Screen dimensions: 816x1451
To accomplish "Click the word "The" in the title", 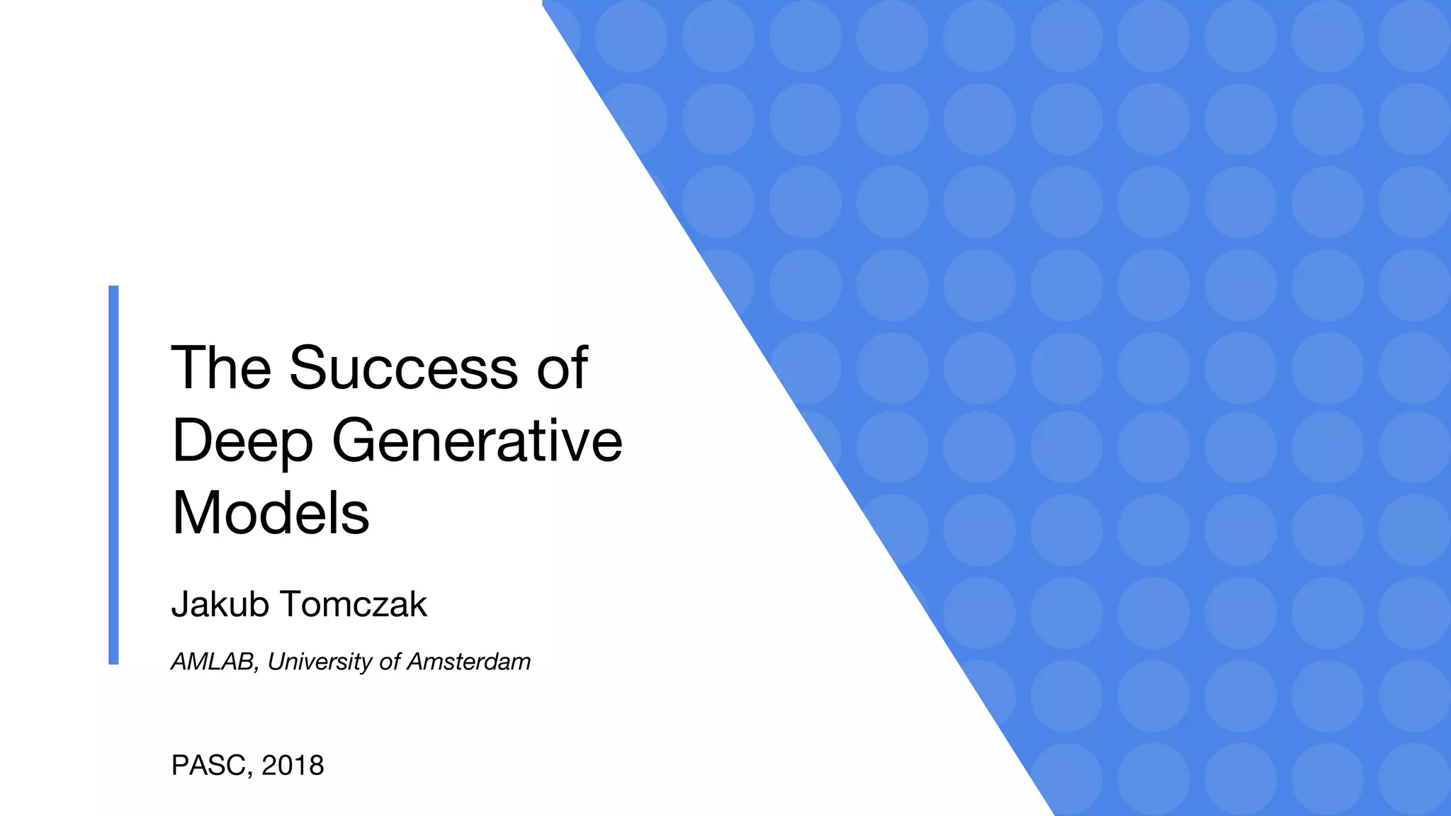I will pyautogui.click(x=221, y=368).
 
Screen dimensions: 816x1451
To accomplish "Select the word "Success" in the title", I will pyautogui.click(x=403, y=368).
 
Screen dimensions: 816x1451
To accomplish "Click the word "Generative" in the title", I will pyautogui.click(x=477, y=441).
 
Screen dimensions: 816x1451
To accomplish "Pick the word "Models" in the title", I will pyautogui.click(x=271, y=513).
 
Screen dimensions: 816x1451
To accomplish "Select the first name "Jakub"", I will pyautogui.click(x=220, y=604).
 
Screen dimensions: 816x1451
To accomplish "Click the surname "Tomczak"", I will pyautogui.click(x=354, y=604).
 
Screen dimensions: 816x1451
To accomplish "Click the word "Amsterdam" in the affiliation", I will pyautogui.click(x=468, y=662).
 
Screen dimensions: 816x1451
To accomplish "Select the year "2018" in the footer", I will pyautogui.click(x=293, y=766).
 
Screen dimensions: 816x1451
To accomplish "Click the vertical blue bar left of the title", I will pyautogui.click(x=113, y=475).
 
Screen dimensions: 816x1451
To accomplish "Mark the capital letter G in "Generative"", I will pyautogui.click(x=356, y=441).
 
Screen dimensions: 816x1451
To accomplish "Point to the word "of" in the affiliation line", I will pyautogui.click(x=390, y=662).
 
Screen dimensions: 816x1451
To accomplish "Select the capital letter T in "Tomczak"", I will pyautogui.click(x=293, y=604).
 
